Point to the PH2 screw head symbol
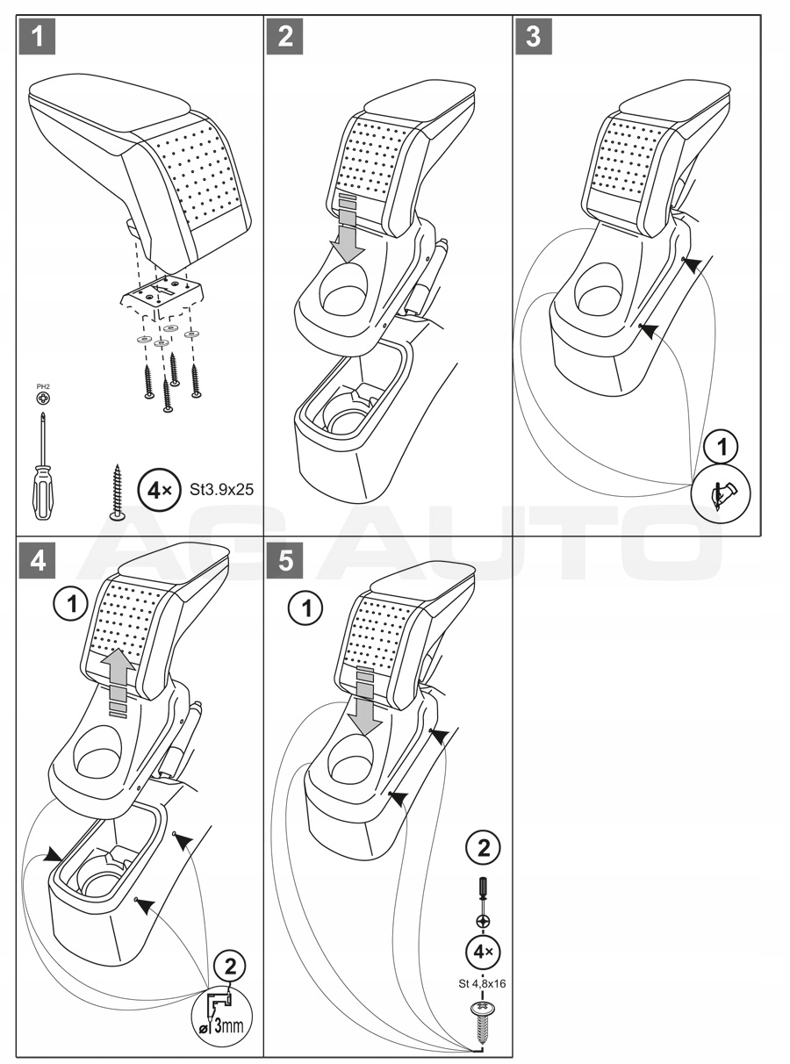[x=42, y=399]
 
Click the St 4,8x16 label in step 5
[x=482, y=984]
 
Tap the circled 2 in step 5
[x=482, y=849]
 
